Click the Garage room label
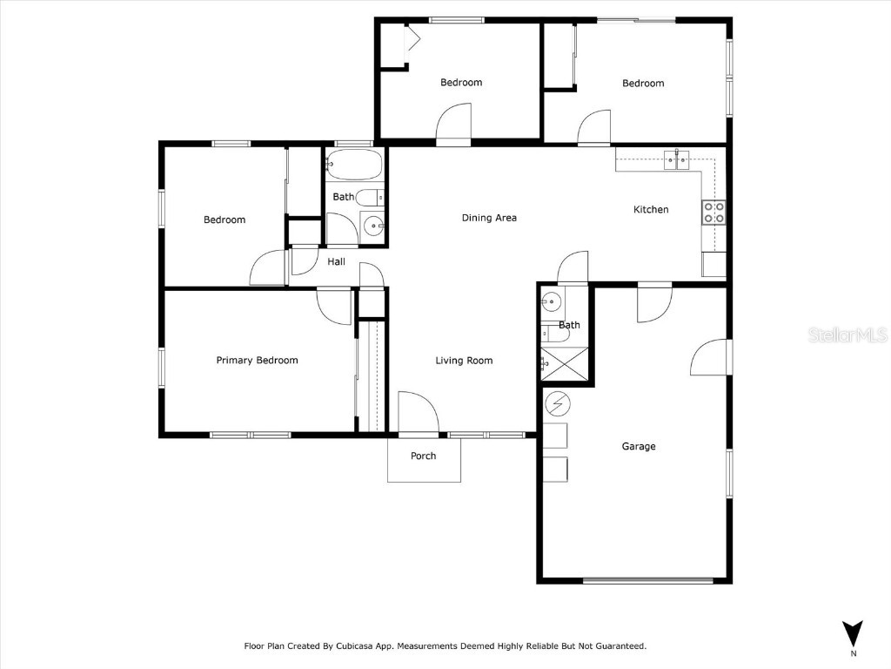[638, 446]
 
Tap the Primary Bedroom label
[257, 360]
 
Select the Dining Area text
[489, 218]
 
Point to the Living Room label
[465, 361]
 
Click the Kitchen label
[650, 209]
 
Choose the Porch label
[423, 456]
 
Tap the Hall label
[336, 261]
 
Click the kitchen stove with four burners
[713, 213]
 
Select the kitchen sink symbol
[677, 159]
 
